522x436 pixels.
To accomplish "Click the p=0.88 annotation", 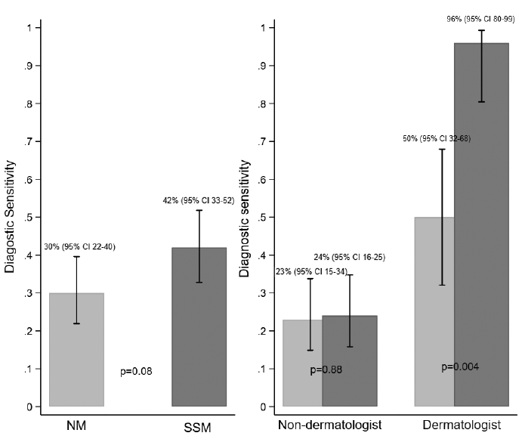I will [x=327, y=370].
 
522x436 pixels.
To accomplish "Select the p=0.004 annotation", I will [x=460, y=367].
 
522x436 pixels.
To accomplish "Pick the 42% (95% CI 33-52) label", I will [x=198, y=199].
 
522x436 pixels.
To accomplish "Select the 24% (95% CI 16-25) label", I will [x=350, y=258].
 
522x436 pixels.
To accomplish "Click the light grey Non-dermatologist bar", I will [x=302, y=363].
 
